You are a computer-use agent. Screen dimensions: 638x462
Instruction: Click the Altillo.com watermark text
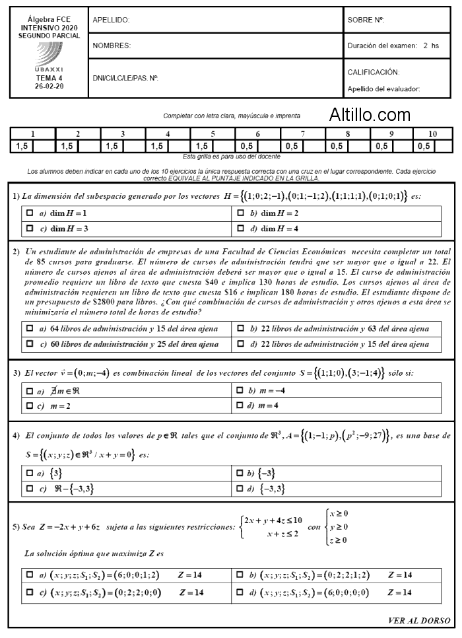coord(370,115)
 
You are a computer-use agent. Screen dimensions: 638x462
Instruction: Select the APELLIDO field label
coord(111,20)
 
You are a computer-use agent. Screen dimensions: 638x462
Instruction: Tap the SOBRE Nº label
coord(366,20)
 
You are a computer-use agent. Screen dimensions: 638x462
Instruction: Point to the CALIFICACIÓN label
coord(374,72)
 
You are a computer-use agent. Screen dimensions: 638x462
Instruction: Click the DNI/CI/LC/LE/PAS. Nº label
coord(125,78)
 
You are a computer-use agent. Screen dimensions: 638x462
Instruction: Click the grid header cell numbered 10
coord(432,133)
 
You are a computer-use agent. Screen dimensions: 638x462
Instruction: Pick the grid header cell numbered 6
coord(257,133)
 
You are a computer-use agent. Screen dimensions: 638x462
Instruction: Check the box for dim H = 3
coord(30,229)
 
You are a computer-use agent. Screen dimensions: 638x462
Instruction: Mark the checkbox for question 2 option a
coord(30,328)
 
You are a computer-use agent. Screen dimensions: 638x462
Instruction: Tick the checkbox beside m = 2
coord(30,404)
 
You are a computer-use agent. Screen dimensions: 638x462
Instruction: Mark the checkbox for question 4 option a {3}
coord(30,474)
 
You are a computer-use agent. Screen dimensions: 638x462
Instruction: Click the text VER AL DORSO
coord(420,620)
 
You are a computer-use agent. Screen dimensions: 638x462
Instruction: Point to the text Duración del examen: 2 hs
coord(393,46)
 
